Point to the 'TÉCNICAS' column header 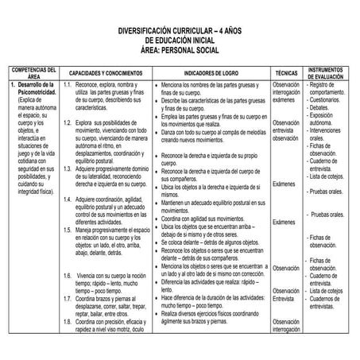pyautogui.click(x=285, y=72)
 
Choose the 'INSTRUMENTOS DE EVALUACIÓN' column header pyautogui.click(x=327, y=72)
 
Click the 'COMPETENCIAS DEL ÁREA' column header pyautogui.click(x=32, y=72)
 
